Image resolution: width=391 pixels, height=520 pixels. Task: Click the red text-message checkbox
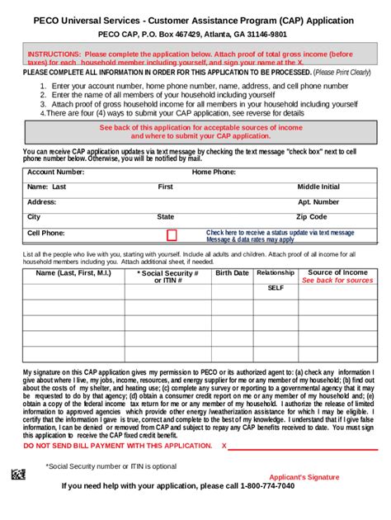pyautogui.click(x=172, y=235)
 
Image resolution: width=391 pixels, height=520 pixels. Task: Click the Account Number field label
pyautogui.click(x=55, y=173)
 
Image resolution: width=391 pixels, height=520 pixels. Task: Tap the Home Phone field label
pyautogui.click(x=214, y=173)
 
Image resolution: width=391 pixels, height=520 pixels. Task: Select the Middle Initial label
pyautogui.click(x=318, y=187)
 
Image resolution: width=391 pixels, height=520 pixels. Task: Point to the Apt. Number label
pyautogui.click(x=318, y=202)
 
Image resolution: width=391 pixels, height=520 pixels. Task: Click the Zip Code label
pyautogui.click(x=312, y=217)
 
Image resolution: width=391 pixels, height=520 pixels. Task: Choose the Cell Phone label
pyautogui.click(x=45, y=234)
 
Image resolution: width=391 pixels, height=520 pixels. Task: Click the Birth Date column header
pyautogui.click(x=232, y=273)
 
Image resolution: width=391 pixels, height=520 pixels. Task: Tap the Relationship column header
pyautogui.click(x=275, y=273)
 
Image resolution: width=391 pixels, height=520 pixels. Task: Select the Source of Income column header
pyautogui.click(x=337, y=272)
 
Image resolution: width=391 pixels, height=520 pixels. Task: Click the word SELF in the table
pyautogui.click(x=275, y=289)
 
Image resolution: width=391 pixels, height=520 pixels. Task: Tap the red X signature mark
pyautogui.click(x=224, y=446)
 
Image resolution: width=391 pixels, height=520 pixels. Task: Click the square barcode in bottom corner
pyautogui.click(x=18, y=475)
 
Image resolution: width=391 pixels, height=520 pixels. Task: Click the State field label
pyautogui.click(x=166, y=217)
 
